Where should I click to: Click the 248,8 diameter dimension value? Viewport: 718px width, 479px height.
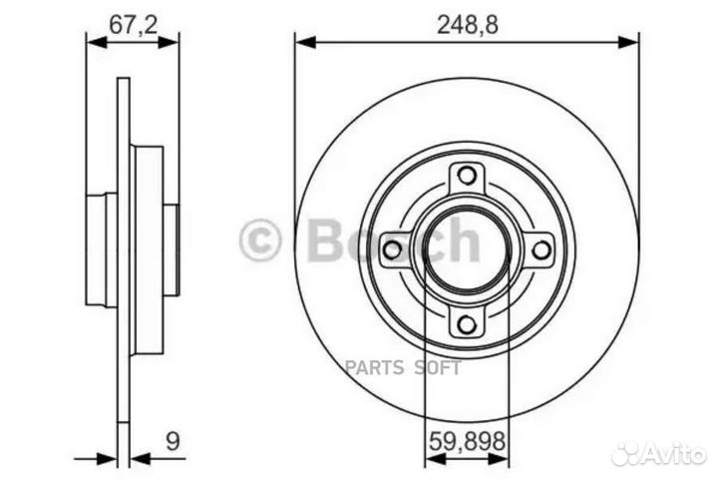[467, 27]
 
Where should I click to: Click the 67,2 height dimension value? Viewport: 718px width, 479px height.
[132, 27]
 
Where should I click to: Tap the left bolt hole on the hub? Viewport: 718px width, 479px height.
[393, 249]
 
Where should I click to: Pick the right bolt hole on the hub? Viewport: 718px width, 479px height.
[538, 249]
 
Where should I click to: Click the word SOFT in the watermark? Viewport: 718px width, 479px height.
[440, 367]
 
